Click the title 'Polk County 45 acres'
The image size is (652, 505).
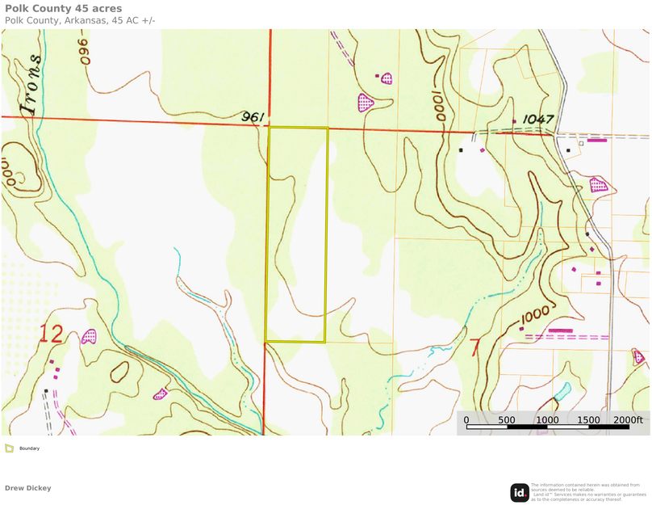pyautogui.click(x=64, y=9)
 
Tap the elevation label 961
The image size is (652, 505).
pyautogui.click(x=253, y=117)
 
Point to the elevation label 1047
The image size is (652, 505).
pyautogui.click(x=538, y=119)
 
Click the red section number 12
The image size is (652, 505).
pyautogui.click(x=51, y=334)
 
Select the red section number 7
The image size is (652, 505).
pyautogui.click(x=474, y=347)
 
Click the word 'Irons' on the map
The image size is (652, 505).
pyautogui.click(x=31, y=84)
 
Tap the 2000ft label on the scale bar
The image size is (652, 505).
pyautogui.click(x=628, y=419)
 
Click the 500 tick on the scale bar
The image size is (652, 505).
pyautogui.click(x=507, y=419)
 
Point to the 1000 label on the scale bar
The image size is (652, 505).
pyautogui.click(x=547, y=419)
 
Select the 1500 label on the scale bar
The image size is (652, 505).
pyautogui.click(x=588, y=419)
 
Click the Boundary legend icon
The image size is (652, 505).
pyautogui.click(x=9, y=448)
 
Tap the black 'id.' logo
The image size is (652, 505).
pyautogui.click(x=519, y=492)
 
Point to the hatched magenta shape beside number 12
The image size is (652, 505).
pyautogui.click(x=89, y=336)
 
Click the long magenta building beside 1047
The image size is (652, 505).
pyautogui.click(x=597, y=141)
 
